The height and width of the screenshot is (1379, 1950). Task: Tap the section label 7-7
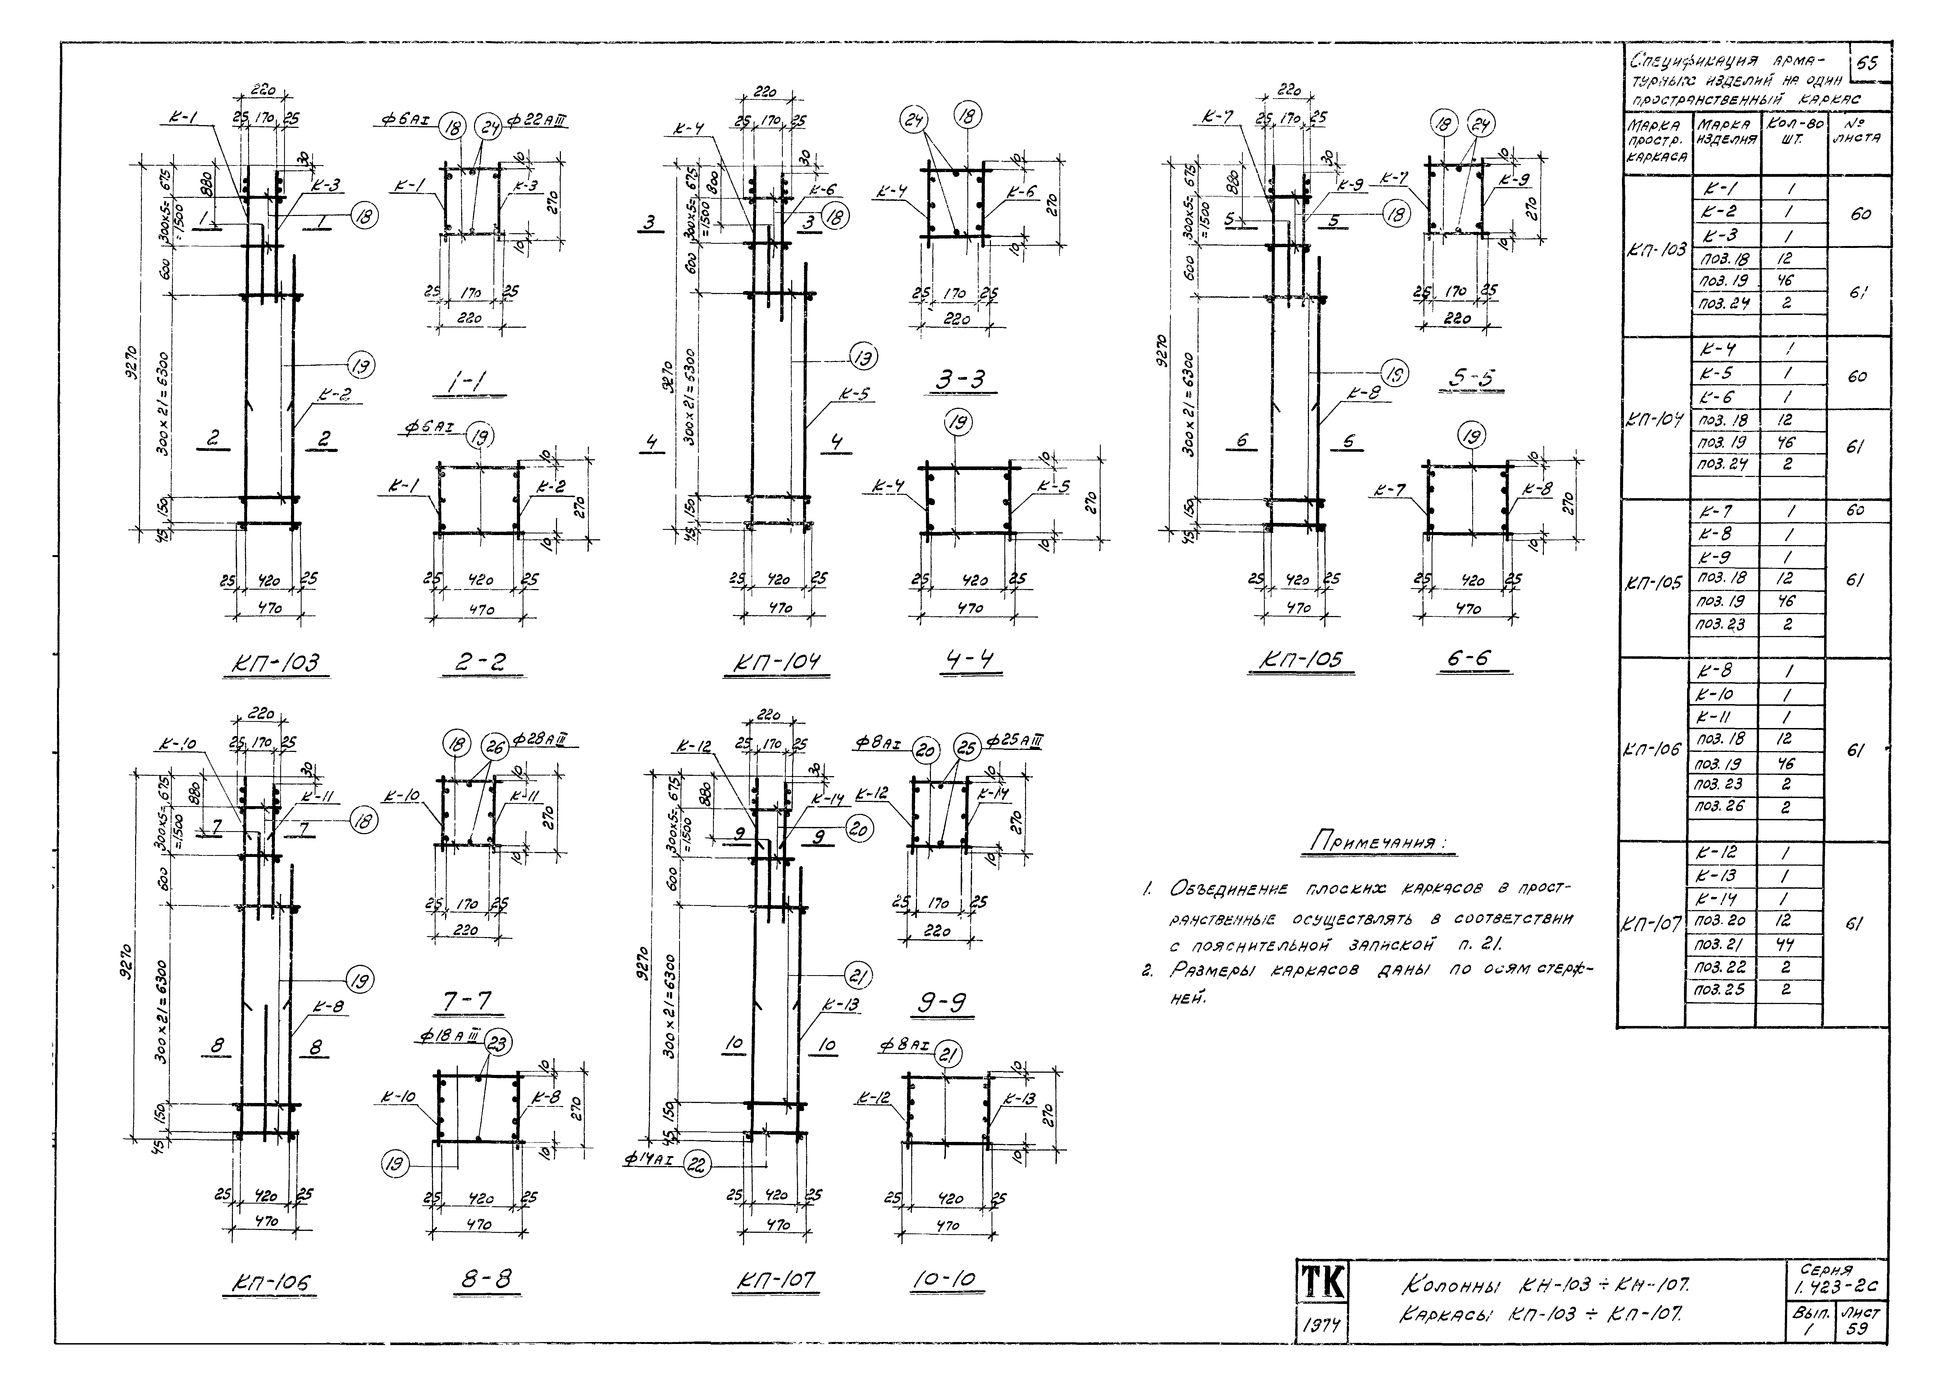(466, 1002)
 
